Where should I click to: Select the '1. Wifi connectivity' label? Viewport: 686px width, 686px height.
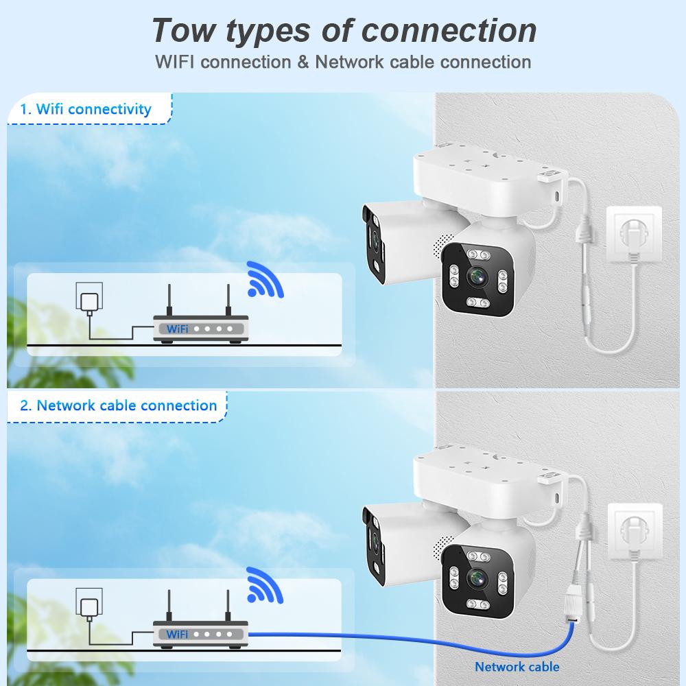86,108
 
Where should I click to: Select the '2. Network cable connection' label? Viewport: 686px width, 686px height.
118,405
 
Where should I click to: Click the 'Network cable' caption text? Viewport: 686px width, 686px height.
517,666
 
